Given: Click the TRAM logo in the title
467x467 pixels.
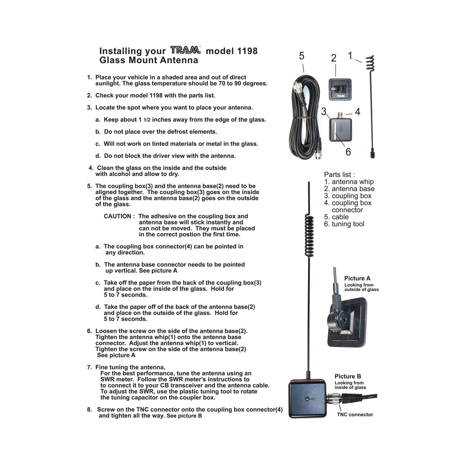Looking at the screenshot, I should tap(185, 50).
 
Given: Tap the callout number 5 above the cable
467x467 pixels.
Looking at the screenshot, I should tap(301, 56).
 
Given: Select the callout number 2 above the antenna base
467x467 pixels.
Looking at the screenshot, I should tap(333, 58).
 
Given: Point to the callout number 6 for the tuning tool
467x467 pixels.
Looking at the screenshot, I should tap(348, 152).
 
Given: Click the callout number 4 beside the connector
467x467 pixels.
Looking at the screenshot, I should tap(357, 112).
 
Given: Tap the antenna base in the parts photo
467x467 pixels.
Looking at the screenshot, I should tap(340, 90).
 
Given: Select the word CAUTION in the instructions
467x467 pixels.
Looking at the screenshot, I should tap(117, 216).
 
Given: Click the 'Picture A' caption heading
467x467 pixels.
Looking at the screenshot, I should tap(357, 278).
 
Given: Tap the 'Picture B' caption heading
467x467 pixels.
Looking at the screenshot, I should tap(348, 376).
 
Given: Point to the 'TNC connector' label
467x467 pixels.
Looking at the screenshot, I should tap(355, 415).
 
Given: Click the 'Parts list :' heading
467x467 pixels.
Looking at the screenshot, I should tap(339, 175).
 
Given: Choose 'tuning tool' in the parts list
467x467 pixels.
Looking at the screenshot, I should tap(348, 224).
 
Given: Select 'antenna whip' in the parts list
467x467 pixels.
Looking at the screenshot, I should tap(352, 182).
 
